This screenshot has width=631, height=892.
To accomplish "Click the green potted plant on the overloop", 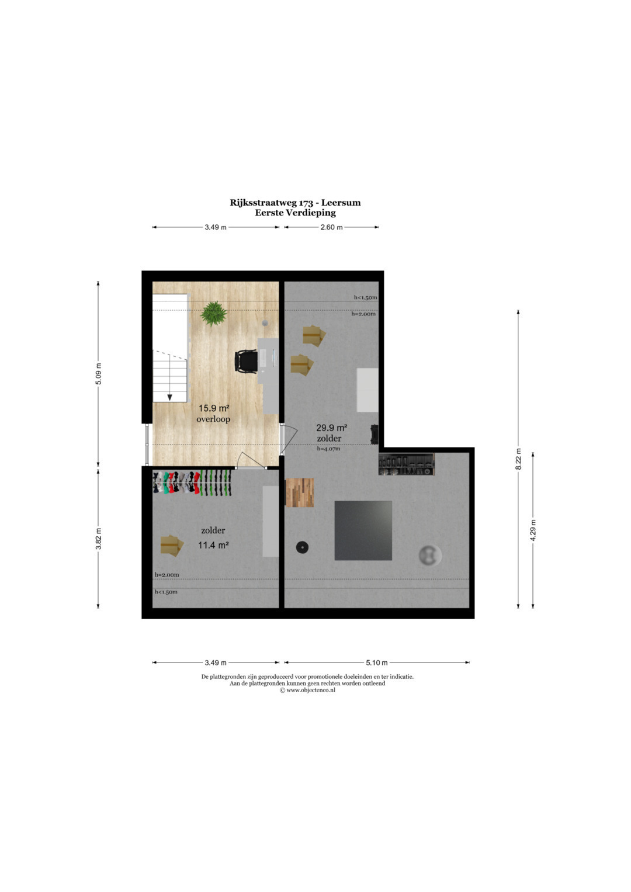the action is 214,313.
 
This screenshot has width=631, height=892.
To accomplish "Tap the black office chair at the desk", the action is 246,361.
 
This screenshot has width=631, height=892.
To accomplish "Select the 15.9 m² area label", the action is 214,408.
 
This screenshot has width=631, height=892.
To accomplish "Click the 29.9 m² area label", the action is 331,428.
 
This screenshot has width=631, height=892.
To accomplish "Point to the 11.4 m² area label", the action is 213,545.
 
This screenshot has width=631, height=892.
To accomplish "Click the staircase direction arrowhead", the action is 169,397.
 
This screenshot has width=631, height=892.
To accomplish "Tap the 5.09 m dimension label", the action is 98,374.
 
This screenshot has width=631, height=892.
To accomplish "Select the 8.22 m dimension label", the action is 518,459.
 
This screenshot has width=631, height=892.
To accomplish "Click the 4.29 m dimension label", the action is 533,530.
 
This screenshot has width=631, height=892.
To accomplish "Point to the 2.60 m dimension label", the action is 331,227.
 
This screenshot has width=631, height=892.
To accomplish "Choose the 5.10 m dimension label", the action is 376,662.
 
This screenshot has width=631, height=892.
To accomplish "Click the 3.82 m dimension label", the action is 98,539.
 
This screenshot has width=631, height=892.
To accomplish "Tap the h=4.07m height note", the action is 328,449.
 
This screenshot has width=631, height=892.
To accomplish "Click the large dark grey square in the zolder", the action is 363,530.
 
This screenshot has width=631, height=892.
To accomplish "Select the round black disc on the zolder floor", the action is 303,547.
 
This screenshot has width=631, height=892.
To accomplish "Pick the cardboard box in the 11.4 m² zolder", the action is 172,545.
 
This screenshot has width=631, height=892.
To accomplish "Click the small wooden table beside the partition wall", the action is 300,492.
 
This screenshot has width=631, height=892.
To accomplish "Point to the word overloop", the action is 213,419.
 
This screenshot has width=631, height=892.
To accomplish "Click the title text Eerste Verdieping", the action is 295,213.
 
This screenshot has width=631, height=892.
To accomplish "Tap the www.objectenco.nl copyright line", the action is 307,690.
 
